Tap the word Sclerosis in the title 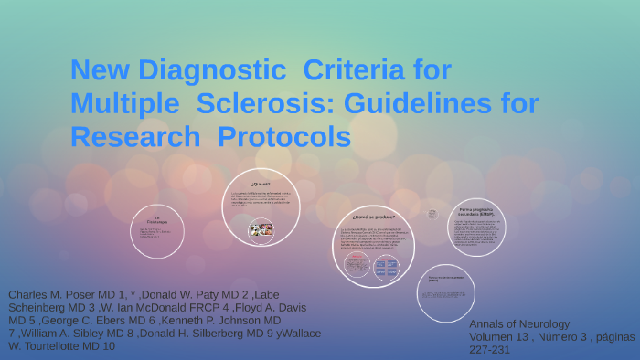coord(270,103)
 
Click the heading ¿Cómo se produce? coord(372,218)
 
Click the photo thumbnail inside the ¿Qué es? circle coord(261,229)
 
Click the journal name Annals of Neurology coord(518,324)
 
